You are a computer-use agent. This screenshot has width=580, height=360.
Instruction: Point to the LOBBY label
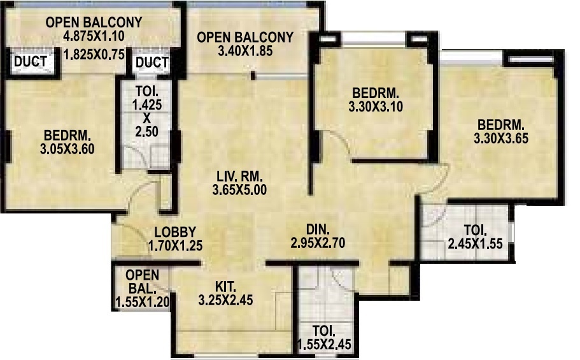(x=174, y=232)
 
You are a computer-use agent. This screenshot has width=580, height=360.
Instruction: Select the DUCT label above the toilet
(x=152, y=62)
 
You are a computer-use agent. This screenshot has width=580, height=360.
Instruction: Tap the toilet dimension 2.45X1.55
(x=475, y=243)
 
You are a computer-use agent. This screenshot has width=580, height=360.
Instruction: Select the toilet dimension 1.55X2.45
(x=325, y=345)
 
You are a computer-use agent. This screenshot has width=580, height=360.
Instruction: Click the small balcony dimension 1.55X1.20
(x=142, y=301)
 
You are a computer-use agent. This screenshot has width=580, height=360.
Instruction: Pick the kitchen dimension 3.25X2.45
(x=226, y=299)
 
